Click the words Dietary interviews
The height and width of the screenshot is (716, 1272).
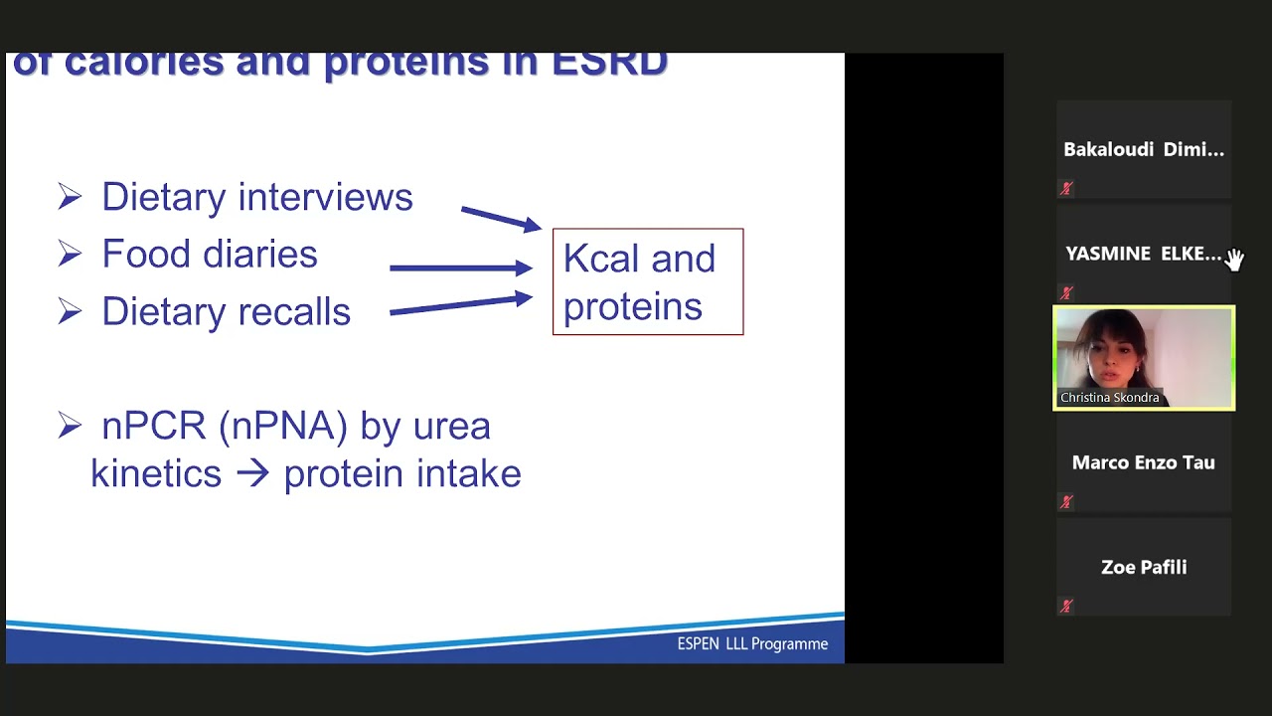[256, 197]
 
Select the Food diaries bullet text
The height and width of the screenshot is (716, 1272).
[210, 255]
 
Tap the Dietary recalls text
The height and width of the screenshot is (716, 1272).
[226, 312]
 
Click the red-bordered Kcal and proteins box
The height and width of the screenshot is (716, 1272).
[647, 282]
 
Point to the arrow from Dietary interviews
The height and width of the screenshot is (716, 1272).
[500, 218]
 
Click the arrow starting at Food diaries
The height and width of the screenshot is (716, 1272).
[460, 268]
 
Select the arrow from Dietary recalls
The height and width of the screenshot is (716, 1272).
[460, 305]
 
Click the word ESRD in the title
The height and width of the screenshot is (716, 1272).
[609, 63]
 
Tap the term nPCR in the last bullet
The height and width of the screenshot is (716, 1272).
[154, 426]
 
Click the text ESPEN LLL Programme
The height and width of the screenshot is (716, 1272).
[752, 644]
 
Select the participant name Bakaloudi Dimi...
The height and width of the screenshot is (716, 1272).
[1143, 150]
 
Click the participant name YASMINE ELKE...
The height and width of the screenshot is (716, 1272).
[1143, 254]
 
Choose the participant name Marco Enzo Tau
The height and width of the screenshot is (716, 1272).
[1143, 462]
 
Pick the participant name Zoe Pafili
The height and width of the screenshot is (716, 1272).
[1144, 567]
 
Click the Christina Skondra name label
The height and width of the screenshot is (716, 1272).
[1109, 398]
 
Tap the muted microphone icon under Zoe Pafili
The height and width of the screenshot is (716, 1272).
[1066, 606]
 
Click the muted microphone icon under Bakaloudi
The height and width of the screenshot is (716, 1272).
[1066, 188]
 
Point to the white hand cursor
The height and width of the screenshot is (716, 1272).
[1233, 260]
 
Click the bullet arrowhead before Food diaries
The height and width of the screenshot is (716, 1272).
[70, 255]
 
